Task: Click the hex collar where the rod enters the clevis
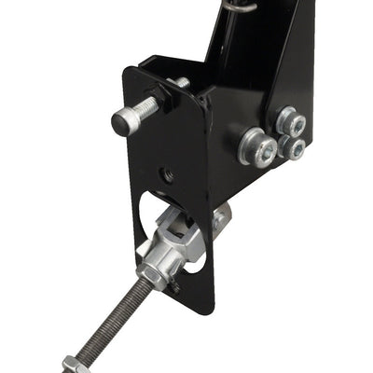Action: tap(154, 271)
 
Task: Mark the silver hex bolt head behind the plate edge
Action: tap(222, 220)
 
